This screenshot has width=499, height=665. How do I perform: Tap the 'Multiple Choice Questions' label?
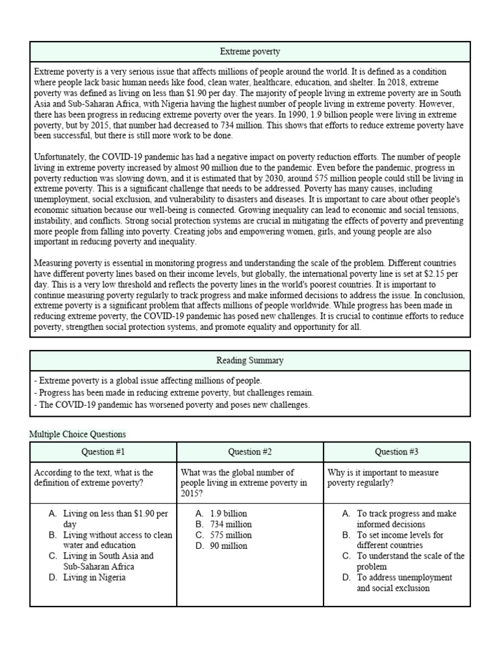point(78,434)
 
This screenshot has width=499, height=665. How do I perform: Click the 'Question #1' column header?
point(103,452)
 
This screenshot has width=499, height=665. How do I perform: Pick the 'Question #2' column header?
point(249,452)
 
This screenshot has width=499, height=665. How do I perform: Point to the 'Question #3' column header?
point(396,452)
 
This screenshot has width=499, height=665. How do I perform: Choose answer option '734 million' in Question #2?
point(231,524)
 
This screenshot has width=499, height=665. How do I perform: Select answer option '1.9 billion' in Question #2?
point(229,513)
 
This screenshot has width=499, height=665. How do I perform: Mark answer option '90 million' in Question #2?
point(229,546)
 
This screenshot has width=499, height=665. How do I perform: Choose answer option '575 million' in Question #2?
point(231,535)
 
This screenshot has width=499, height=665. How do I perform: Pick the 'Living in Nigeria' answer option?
point(94,577)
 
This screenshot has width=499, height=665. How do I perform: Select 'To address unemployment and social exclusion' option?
point(403,583)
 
